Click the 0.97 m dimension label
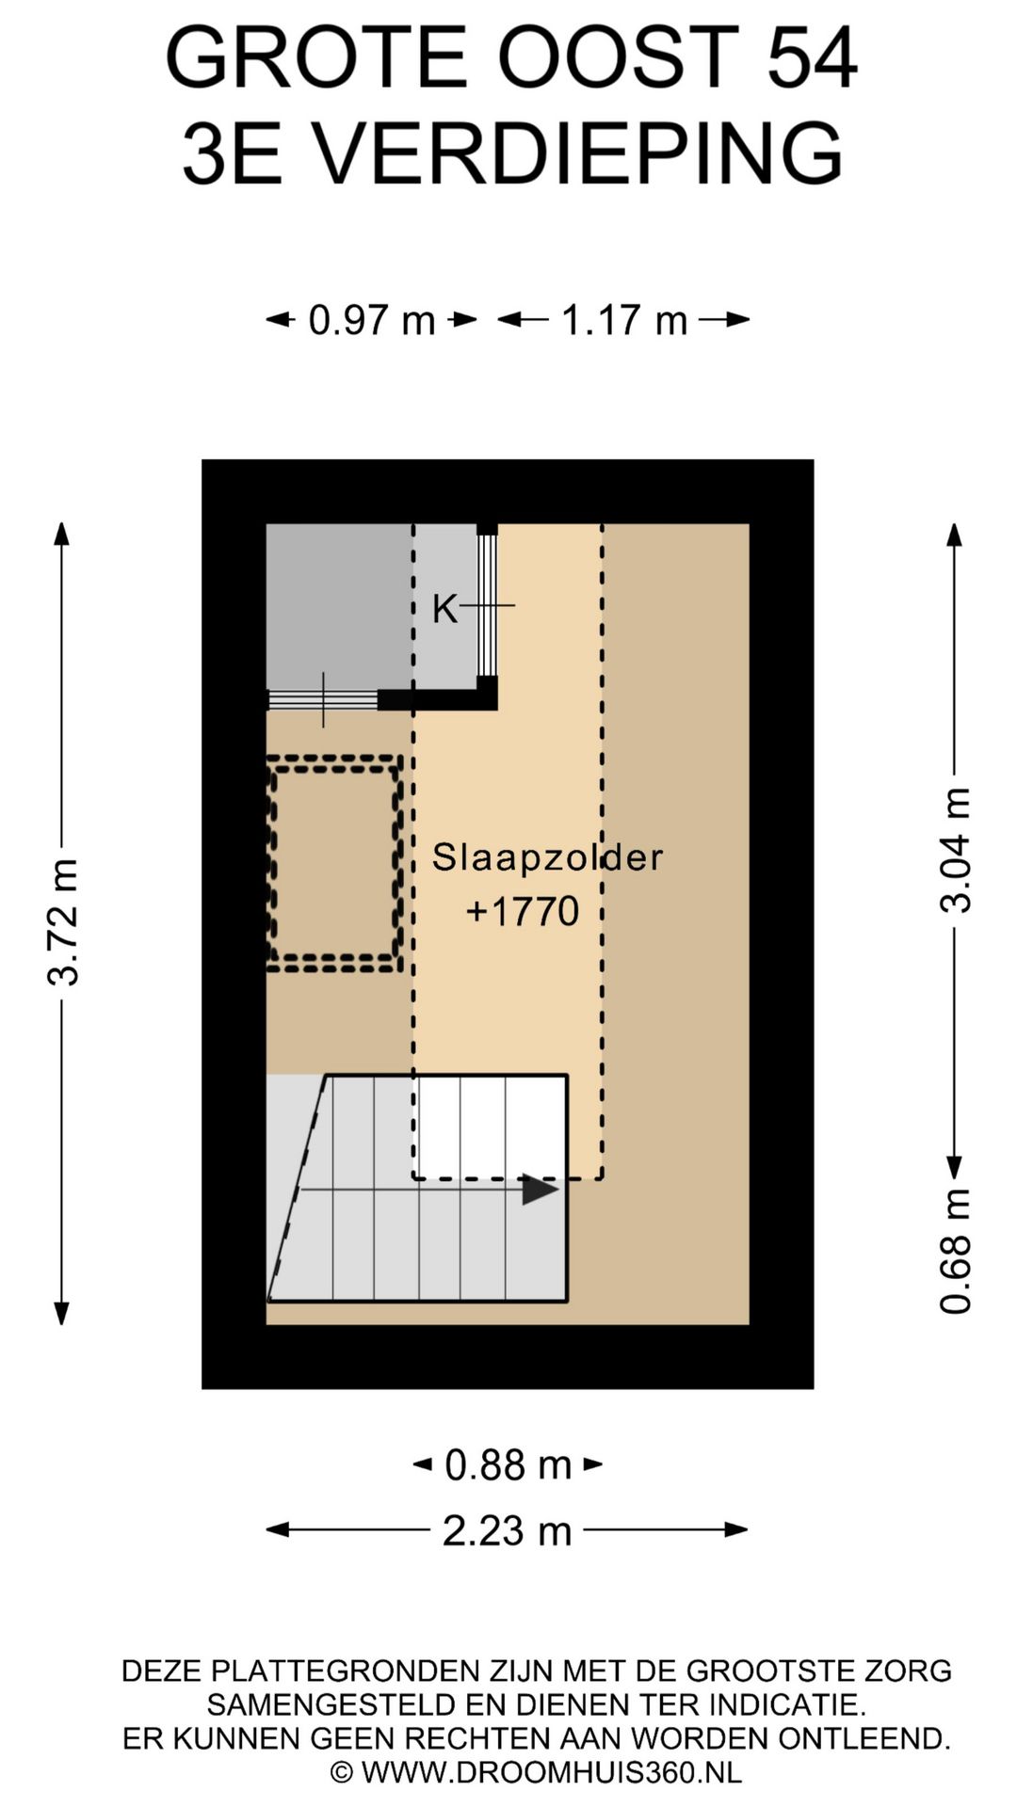(x=372, y=320)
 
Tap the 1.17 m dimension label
(x=624, y=320)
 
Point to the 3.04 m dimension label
(x=955, y=851)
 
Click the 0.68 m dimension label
(x=955, y=1251)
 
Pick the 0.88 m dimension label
(x=508, y=1464)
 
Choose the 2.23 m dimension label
(x=508, y=1530)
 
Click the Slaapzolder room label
(x=547, y=857)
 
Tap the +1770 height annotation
(x=523, y=911)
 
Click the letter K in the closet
(x=444, y=609)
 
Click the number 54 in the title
(x=812, y=58)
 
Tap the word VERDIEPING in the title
(x=578, y=153)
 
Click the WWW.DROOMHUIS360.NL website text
(x=552, y=1772)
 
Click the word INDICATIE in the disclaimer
(x=783, y=1704)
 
